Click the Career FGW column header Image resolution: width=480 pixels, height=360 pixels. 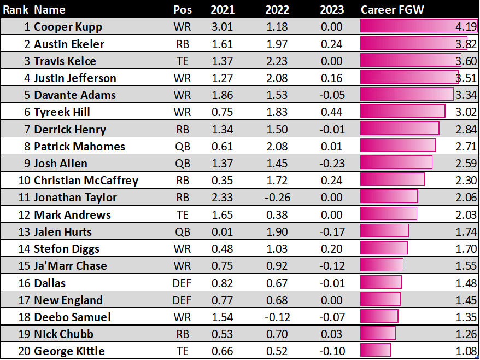pyautogui.click(x=392, y=10)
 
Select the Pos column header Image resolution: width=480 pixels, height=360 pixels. pyautogui.click(x=182, y=10)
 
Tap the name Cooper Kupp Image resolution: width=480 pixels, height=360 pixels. pyautogui.click(x=68, y=27)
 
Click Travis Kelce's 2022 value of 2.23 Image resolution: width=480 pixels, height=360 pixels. pyautogui.click(x=277, y=61)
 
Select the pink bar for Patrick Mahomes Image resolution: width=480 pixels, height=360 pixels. pyautogui.click(x=397, y=146)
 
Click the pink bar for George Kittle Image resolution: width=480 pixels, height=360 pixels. pyautogui.click(x=375, y=351)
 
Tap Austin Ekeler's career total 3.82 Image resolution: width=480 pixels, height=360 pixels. pyautogui.click(x=466, y=44)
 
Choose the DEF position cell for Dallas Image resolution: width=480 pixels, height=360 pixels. pyautogui.click(x=182, y=283)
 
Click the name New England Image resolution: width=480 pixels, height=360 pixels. pyautogui.click(x=68, y=300)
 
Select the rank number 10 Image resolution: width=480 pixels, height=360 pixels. pyautogui.click(x=24, y=180)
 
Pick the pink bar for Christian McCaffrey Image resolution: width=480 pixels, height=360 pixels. pyautogui.click(x=392, y=180)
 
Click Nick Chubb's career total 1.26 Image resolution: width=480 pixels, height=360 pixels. pyautogui.click(x=466, y=334)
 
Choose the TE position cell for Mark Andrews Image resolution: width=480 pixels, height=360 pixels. pyautogui.click(x=182, y=214)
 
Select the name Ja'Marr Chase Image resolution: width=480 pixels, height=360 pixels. pyautogui.click(x=70, y=265)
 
